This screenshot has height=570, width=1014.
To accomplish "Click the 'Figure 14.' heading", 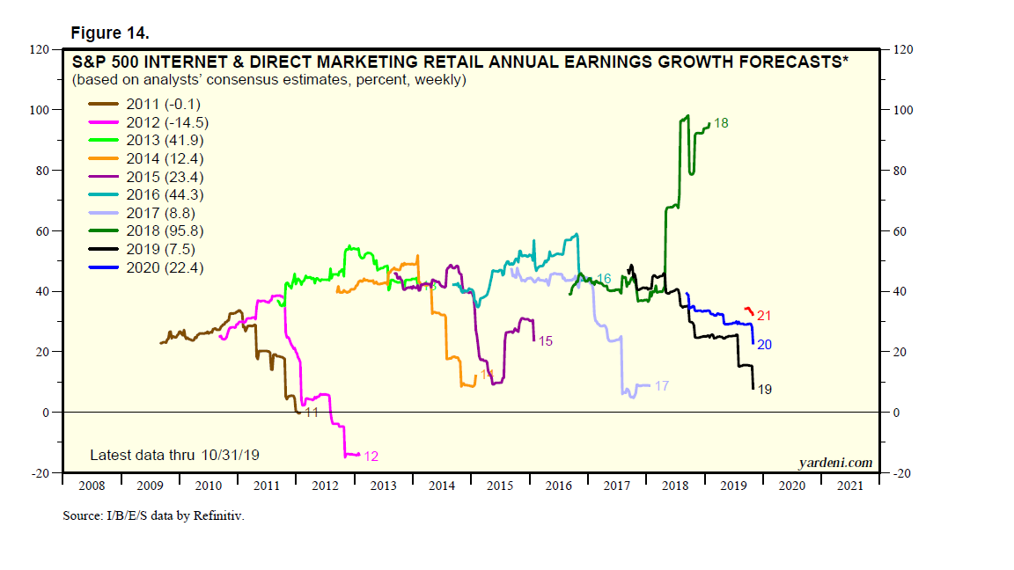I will coord(109,33).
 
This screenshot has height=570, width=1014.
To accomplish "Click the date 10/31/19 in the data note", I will coord(230,455).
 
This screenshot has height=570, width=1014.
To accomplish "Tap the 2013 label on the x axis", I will coord(384,486).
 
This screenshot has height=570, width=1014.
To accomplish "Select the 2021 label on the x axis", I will coord(849,486).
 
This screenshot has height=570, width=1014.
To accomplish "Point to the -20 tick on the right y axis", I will coord(904,473).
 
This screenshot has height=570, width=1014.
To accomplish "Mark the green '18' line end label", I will coord(721,123).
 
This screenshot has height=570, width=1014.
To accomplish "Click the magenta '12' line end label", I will coord(371,457).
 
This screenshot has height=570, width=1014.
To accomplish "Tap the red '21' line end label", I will coord(764,316).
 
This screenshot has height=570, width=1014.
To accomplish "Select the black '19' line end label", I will coord(765,389).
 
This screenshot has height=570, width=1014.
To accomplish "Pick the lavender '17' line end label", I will coord(663,385).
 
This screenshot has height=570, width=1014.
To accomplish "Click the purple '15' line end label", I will coord(546,340).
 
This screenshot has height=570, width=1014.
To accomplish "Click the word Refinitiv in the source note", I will coord(217,515).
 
